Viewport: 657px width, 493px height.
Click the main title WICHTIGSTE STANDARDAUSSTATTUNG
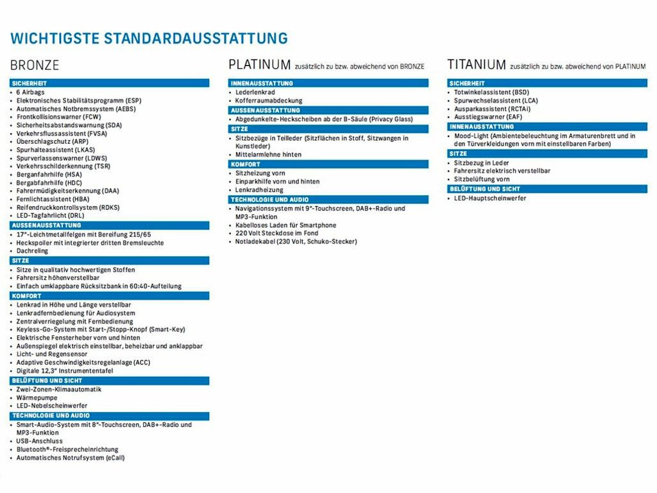149,38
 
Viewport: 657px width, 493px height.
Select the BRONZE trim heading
35,65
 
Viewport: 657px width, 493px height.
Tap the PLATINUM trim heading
260,65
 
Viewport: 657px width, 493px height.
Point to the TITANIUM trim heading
477,65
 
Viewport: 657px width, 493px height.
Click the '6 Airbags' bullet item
31,92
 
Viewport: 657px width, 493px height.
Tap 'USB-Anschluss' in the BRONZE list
40,441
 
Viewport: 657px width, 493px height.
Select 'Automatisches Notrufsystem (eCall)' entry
71,458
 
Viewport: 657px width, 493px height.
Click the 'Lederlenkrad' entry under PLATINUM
255,92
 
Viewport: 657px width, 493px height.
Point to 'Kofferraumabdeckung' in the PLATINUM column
268,101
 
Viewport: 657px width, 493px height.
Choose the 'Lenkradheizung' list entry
259,190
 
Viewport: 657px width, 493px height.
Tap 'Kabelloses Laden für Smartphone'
286,225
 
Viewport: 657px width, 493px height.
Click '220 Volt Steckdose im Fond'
277,234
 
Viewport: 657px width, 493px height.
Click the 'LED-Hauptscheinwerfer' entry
490,198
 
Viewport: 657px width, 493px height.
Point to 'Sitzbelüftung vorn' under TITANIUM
482,180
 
